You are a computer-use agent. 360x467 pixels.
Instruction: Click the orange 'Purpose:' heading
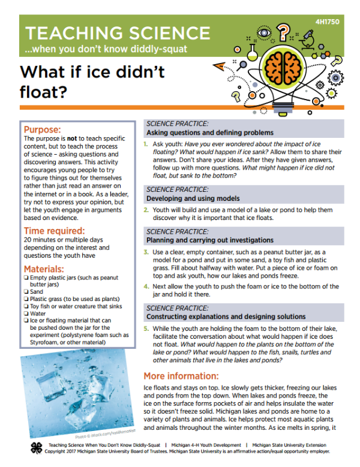pyautogui.click(x=43, y=129)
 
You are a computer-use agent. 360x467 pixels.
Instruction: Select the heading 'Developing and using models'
pyautogui.click(x=193, y=198)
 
